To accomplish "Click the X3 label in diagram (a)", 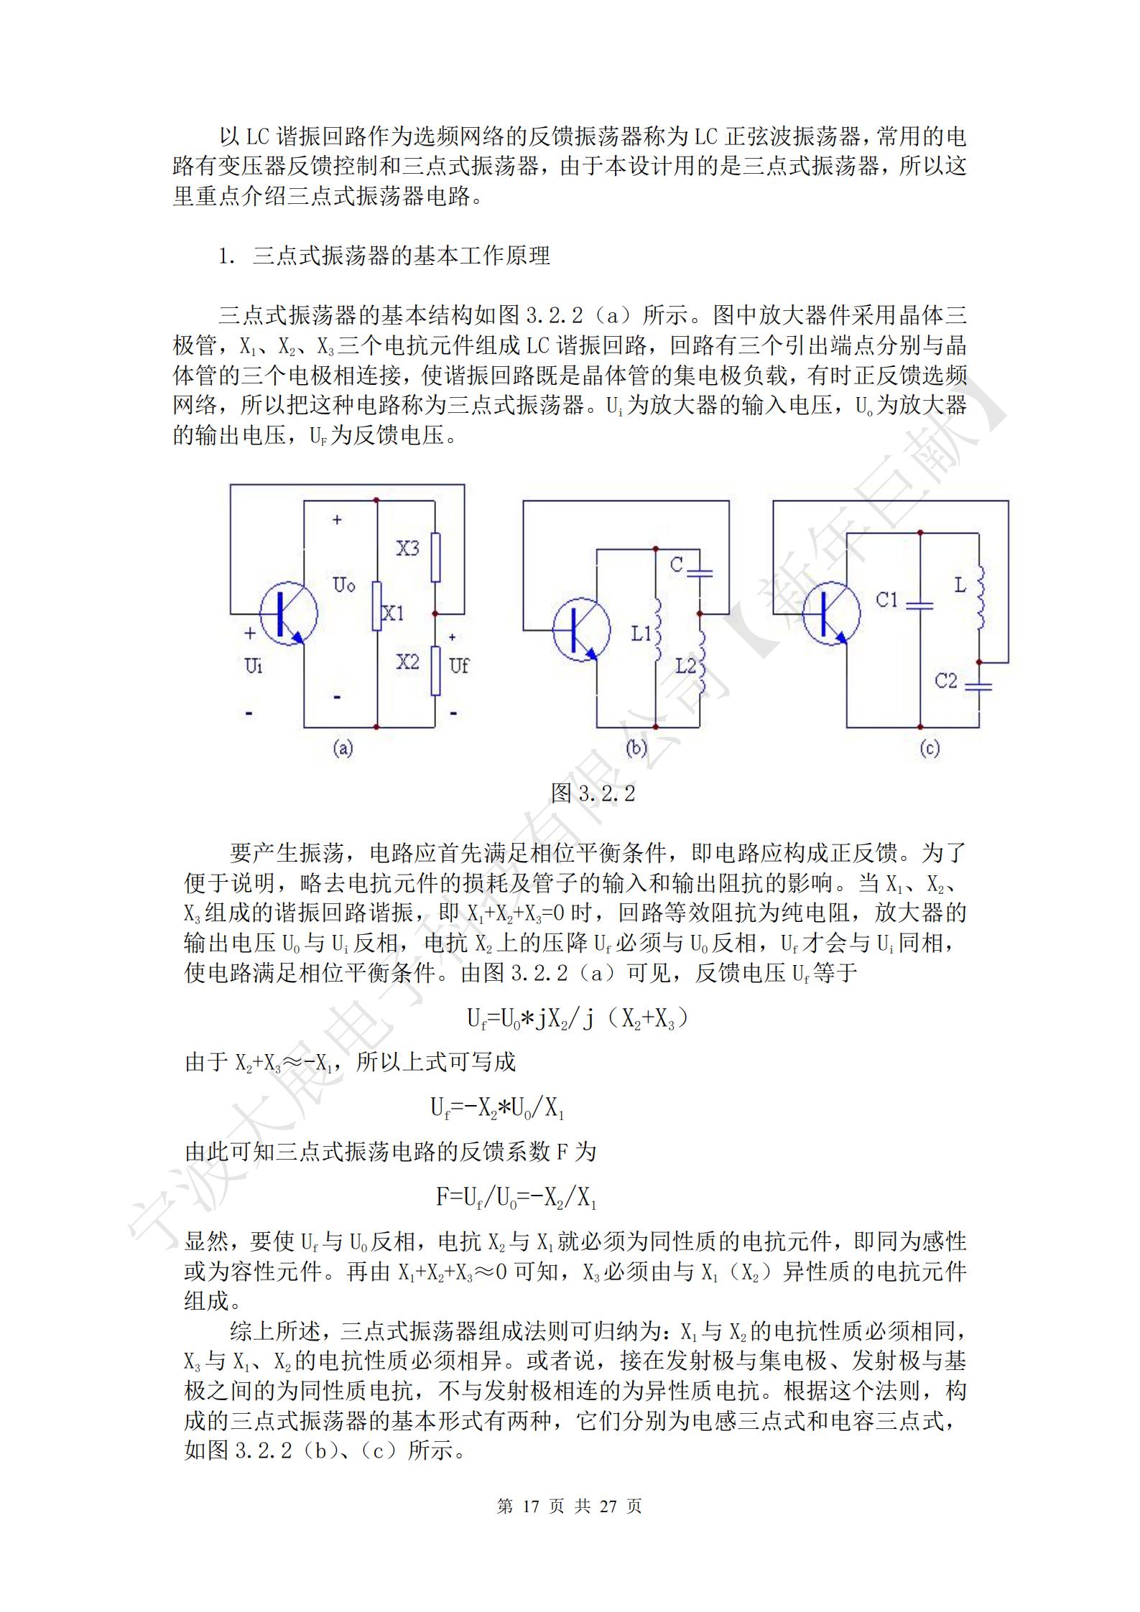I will [x=408, y=549].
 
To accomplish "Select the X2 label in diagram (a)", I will [x=407, y=662].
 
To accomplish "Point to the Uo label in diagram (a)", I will [x=344, y=585].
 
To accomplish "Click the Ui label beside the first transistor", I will [x=254, y=666].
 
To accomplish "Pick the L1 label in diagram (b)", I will [x=641, y=634].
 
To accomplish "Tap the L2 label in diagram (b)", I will [x=686, y=666].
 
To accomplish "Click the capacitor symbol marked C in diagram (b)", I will [x=699, y=572].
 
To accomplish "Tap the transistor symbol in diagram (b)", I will [x=581, y=630].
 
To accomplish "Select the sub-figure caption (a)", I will [x=343, y=749].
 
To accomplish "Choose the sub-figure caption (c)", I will [x=930, y=749].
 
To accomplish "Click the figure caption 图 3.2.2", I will [x=593, y=793].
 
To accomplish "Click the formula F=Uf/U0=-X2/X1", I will [x=516, y=1198].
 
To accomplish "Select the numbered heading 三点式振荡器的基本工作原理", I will [x=401, y=256].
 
